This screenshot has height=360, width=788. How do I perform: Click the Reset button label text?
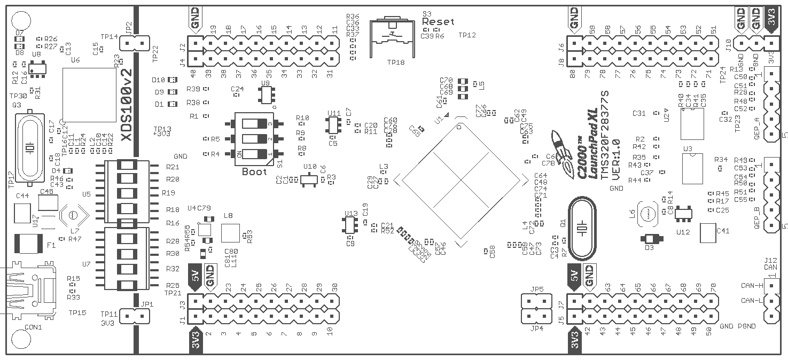(438, 22)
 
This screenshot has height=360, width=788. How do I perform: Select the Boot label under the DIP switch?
(254, 171)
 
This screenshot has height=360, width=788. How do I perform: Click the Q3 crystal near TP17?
(30, 147)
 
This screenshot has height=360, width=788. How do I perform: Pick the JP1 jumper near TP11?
(132, 316)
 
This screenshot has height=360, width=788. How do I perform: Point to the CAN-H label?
(751, 286)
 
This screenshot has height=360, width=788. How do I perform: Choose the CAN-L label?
(751, 301)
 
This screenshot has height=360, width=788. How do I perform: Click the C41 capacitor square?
(707, 232)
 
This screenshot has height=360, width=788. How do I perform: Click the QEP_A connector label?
(757, 128)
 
